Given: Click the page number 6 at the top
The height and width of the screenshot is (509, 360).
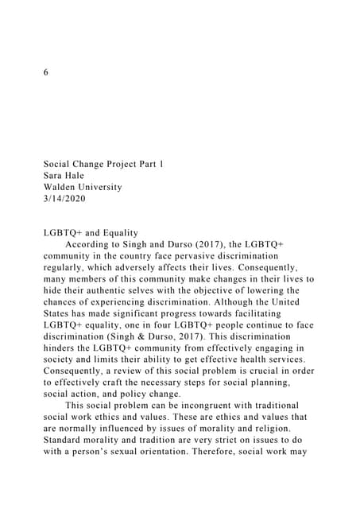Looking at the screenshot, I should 46,72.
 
